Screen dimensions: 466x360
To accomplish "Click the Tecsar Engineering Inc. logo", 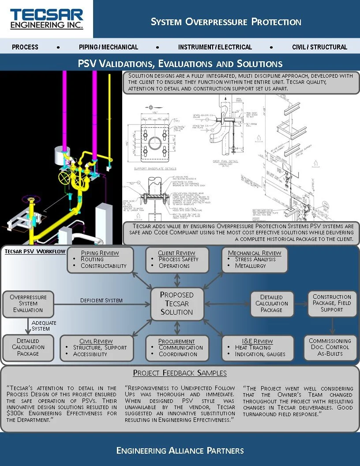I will point(46,19).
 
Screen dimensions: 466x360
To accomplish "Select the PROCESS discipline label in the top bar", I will point(25,47).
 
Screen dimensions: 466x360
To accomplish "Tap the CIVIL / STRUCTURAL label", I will point(319,47).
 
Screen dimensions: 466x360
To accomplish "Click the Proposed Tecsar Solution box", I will point(176,303).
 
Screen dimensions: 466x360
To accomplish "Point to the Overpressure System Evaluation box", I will point(28,304).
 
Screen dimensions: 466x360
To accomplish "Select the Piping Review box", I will point(100,259).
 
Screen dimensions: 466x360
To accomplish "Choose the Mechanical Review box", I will point(255,259).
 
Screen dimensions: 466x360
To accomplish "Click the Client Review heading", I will point(176,253).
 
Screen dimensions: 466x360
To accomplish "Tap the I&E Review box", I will point(258,348).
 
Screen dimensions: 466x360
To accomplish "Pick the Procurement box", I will point(176,348).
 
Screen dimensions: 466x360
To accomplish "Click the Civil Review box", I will point(96,348).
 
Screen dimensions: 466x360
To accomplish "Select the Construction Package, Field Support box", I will point(332,303).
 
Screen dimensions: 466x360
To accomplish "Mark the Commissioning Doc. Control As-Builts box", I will point(330,347).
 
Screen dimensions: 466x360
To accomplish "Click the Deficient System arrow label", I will point(101,301).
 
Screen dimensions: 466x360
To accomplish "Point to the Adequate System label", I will point(44,326).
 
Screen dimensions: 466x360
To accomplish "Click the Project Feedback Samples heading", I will point(180,373).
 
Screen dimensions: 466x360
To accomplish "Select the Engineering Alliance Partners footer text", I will point(180,451).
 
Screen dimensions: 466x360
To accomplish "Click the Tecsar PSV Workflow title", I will point(35,252).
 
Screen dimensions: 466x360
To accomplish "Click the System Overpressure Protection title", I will point(226,22).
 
